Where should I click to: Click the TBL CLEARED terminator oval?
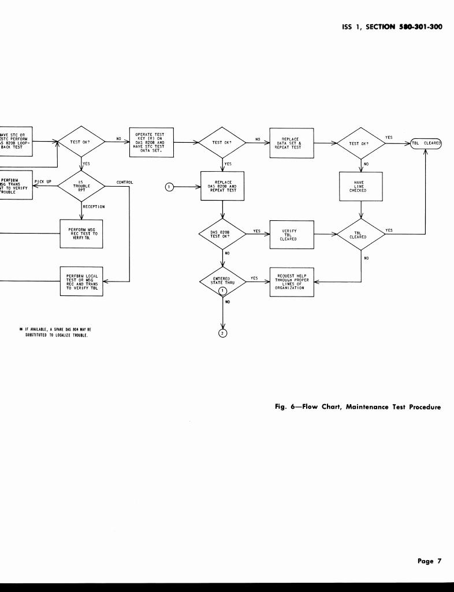click(426, 143)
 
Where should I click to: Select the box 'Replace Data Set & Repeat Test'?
click(291, 143)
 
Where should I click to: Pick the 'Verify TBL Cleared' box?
click(291, 235)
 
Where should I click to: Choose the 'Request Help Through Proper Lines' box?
click(291, 282)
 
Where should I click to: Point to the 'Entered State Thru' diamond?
click(222, 282)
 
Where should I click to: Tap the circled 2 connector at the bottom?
click(222, 332)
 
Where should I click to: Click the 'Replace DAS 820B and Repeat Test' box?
click(222, 186)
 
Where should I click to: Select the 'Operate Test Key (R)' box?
click(150, 142)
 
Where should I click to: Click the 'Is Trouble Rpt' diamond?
click(81, 185)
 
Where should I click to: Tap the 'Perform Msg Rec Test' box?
click(82, 234)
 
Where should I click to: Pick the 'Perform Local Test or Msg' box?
click(82, 282)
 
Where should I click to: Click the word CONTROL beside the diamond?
click(125, 182)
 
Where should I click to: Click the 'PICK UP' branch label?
click(43, 182)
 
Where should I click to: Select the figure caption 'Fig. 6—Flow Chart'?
click(357, 407)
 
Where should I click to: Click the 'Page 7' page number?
click(429, 561)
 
